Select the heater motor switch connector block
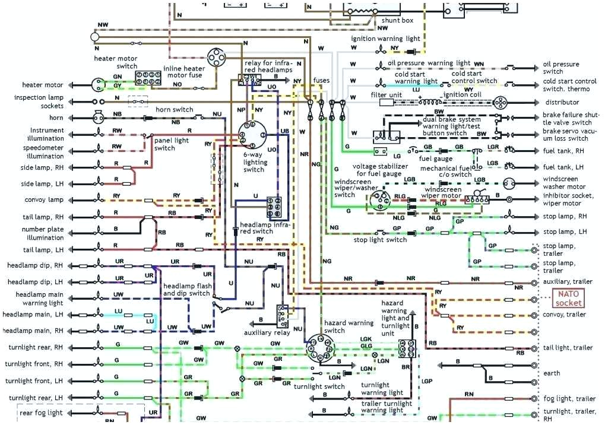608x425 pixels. tap(145, 78)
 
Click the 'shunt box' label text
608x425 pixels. tap(397, 20)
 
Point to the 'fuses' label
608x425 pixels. tap(321, 80)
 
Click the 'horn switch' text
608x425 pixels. tap(174, 110)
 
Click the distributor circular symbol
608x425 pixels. tap(500, 102)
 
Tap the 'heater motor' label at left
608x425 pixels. tap(42, 85)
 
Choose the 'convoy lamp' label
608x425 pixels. tap(44, 200)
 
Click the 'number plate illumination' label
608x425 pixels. tap(43, 233)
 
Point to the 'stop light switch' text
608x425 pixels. tap(380, 240)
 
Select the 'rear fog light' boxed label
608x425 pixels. tap(41, 413)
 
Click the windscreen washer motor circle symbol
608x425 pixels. tap(509, 183)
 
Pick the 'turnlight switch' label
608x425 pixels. tap(319, 386)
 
